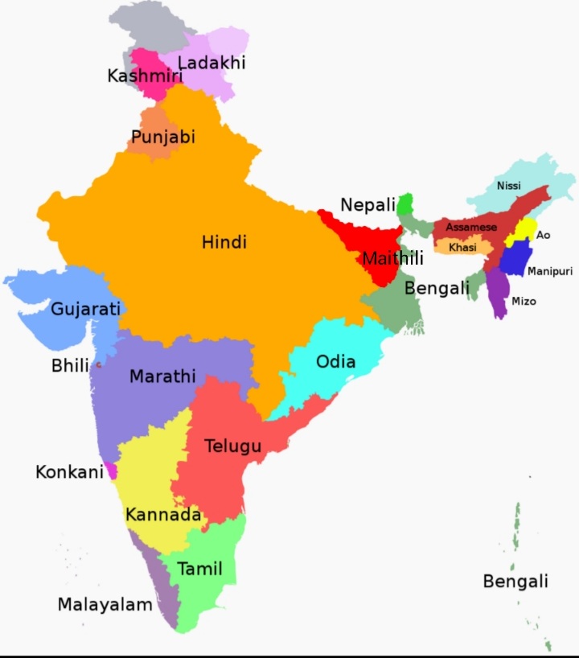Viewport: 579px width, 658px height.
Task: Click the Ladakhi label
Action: pos(211,63)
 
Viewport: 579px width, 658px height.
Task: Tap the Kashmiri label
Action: pos(145,76)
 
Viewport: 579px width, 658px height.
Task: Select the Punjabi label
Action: pos(163,138)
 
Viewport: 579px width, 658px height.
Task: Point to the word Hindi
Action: pos(224,242)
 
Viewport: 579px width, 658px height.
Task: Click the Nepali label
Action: pos(368,205)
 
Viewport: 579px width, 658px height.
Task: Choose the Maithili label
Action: pos(392,259)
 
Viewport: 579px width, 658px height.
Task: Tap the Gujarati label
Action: pos(85,309)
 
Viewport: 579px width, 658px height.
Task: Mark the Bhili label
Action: pos(71,366)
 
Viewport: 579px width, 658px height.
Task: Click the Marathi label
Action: pos(162,376)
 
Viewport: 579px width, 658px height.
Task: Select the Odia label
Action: pos(335,361)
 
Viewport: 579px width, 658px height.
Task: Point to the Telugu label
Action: pos(232,446)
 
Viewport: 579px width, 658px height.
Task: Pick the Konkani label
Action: pos(69,472)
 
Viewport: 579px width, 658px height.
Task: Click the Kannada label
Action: pos(163,515)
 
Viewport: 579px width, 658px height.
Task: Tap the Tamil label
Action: pos(199,570)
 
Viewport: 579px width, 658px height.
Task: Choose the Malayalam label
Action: pos(105,605)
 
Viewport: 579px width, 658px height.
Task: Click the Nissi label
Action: pos(508,186)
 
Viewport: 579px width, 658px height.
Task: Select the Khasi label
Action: pos(462,248)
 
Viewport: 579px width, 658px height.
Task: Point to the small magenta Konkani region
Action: pos(111,470)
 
